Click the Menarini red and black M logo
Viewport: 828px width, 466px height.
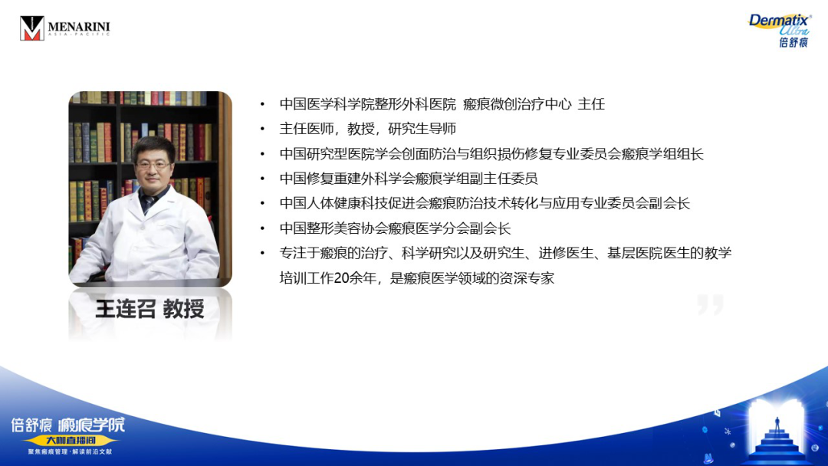[x=31, y=28]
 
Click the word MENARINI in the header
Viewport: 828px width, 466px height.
[x=79, y=26]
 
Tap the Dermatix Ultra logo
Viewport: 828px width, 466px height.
[x=780, y=31]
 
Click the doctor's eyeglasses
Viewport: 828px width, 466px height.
[x=153, y=166]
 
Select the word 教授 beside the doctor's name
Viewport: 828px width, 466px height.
[x=184, y=309]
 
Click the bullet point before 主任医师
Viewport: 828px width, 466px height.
[x=262, y=130]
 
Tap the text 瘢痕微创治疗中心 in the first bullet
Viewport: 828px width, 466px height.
[x=517, y=104]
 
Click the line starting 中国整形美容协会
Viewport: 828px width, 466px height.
[x=395, y=228]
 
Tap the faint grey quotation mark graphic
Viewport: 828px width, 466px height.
[x=710, y=304]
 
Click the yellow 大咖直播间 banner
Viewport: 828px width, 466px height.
[x=71, y=440]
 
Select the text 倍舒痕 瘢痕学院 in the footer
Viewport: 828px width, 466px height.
[x=68, y=425]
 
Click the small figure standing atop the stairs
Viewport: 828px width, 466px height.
[x=777, y=423]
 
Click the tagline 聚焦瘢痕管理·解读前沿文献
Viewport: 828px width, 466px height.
[x=71, y=451]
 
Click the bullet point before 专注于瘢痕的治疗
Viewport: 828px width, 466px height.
[x=262, y=254]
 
